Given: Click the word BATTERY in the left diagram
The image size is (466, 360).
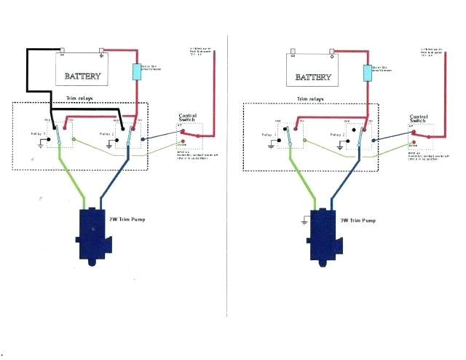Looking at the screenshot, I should point(87,76).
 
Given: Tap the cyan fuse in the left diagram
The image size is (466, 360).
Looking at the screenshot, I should point(135,72).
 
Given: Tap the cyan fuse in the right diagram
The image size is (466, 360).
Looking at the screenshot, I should point(368,72).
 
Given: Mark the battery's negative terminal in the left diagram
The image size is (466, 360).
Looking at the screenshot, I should point(63,52).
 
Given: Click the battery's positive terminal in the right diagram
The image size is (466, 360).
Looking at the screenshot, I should point(331,52).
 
